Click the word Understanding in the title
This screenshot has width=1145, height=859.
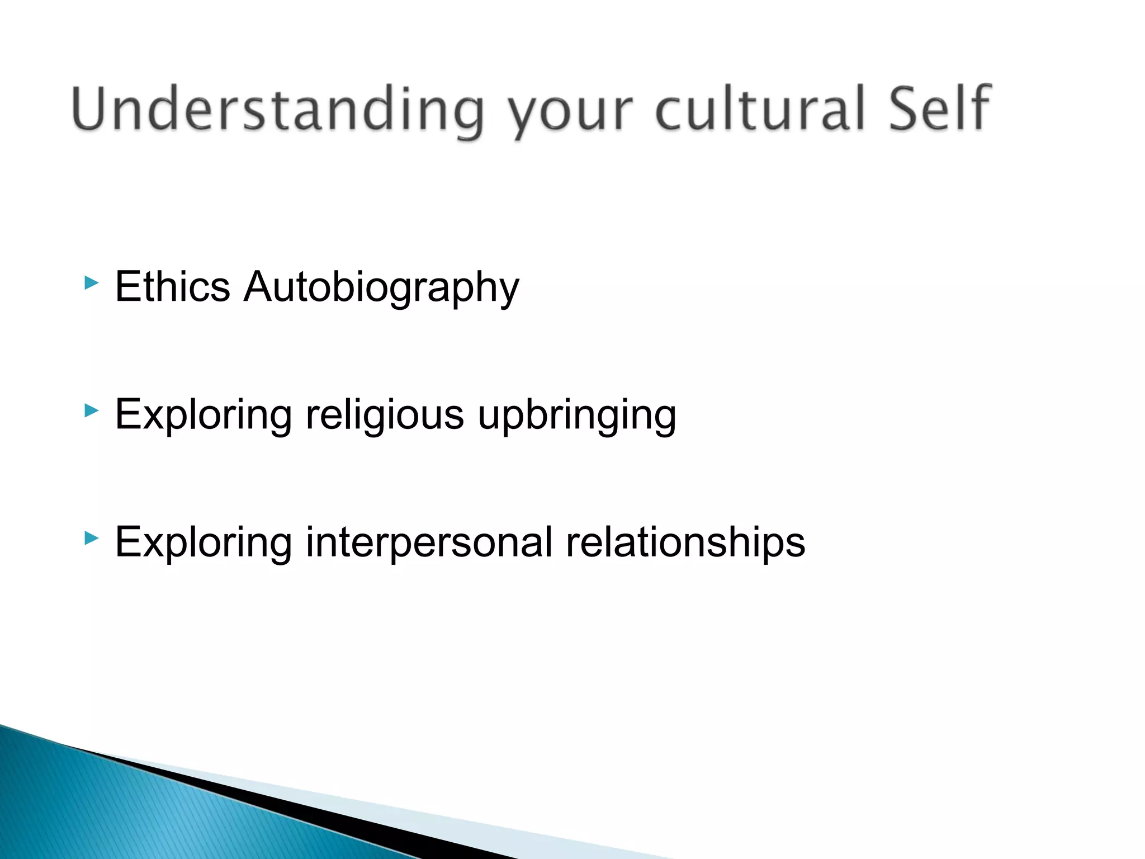click(277, 110)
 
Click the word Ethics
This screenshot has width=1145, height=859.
click(172, 286)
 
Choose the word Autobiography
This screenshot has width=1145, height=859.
click(381, 287)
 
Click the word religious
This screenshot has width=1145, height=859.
click(385, 415)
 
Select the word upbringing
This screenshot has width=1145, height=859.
click(577, 415)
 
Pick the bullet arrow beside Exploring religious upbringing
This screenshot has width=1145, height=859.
click(91, 411)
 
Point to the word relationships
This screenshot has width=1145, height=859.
click(685, 542)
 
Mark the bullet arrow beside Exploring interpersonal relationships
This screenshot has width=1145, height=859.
click(91, 539)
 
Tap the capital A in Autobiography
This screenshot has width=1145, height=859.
click(261, 286)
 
